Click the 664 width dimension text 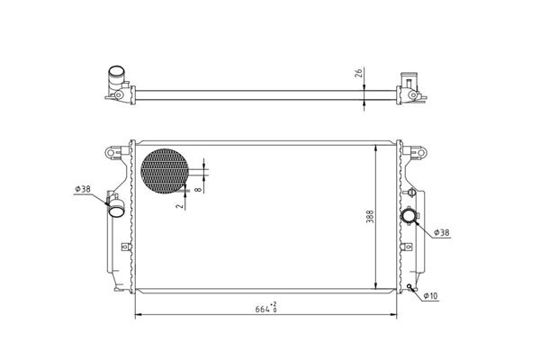click(262, 309)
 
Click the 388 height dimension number click(370, 216)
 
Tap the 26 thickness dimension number click(359, 73)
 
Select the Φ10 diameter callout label click(430, 295)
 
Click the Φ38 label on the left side click(83, 189)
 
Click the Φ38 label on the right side click(442, 232)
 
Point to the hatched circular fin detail click(165, 171)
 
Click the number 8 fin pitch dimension click(198, 189)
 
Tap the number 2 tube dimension click(179, 206)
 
